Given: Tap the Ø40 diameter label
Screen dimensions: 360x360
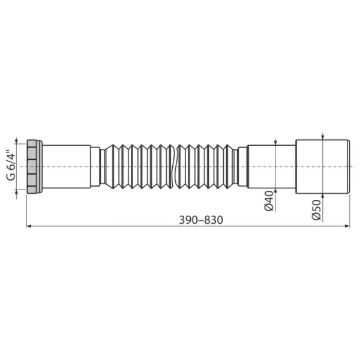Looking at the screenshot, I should tap(269, 200).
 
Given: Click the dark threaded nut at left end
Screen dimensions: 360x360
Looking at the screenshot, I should tap(35, 166).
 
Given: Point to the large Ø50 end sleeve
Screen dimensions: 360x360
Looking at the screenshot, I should tap(322, 166).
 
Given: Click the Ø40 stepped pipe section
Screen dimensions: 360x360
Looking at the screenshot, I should tap(271, 166).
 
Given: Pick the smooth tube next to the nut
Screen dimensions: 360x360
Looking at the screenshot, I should tap(66, 166).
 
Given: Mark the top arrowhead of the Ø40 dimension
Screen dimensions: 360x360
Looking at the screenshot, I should tap(275, 142).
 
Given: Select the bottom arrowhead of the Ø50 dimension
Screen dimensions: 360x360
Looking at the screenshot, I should tap(323, 196).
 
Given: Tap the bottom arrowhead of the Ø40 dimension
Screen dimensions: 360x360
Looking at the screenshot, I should tap(275, 190).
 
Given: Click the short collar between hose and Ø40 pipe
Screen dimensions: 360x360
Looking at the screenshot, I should tap(242, 166).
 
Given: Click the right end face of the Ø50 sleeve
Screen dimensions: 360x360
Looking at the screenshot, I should tap(349, 166).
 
